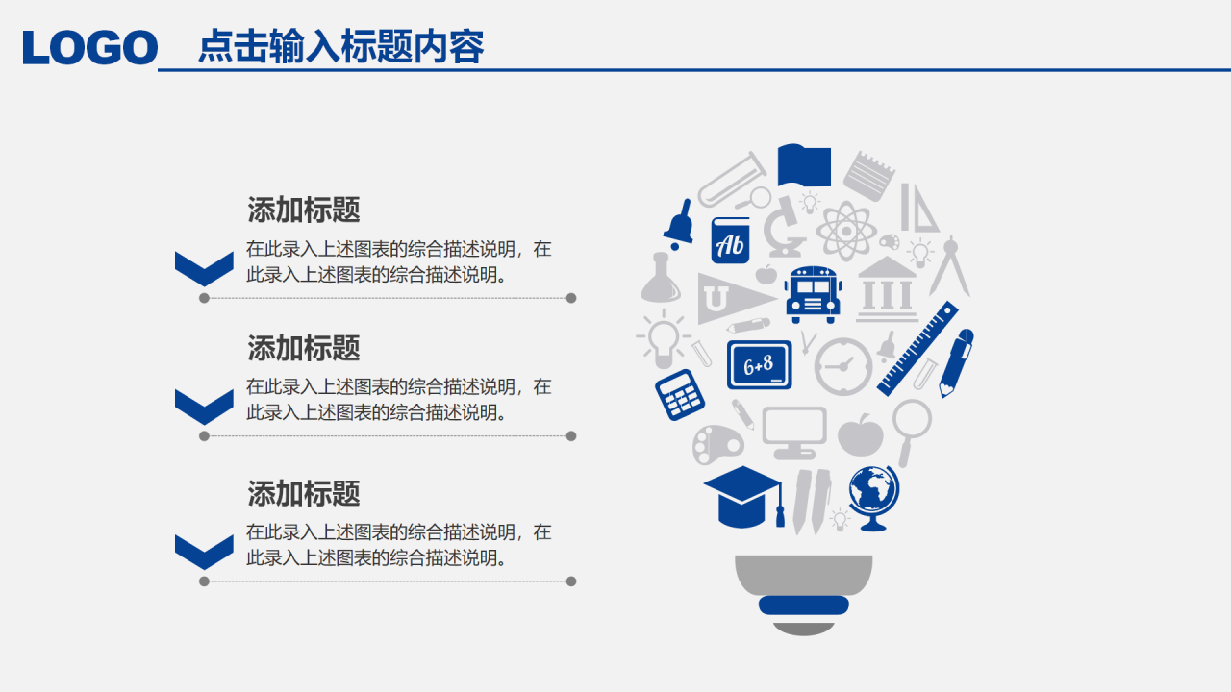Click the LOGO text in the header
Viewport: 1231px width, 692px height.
click(90, 48)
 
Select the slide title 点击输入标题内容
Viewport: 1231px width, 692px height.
click(340, 46)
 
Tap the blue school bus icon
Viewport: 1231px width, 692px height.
click(813, 293)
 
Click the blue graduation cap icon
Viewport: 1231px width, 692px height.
click(743, 496)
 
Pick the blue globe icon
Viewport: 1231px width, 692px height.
click(874, 496)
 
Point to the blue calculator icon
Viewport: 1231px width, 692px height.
click(680, 394)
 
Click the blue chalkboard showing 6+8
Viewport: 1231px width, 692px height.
click(759, 364)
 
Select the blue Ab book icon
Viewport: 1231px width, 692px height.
click(730, 240)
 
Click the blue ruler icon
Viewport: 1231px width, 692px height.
click(918, 348)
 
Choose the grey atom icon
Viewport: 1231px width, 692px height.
click(844, 231)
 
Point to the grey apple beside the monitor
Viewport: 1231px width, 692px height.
click(861, 435)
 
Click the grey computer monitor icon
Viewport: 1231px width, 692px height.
click(794, 432)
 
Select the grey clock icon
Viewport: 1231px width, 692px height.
click(843, 366)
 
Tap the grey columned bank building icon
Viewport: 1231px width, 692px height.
click(887, 288)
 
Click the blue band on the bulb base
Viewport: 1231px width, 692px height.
click(804, 605)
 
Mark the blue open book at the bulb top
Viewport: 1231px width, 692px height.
click(803, 165)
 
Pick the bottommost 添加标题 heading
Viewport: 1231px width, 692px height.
click(304, 494)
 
